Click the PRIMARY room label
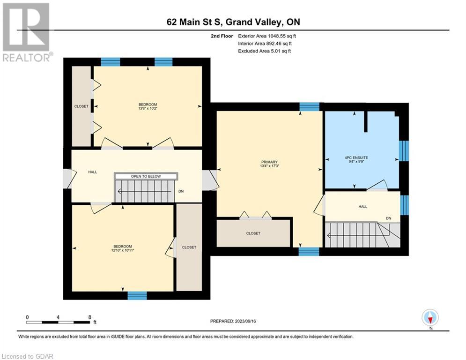click(x=269, y=162)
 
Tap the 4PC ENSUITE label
click(x=356, y=157)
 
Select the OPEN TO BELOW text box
click(x=146, y=176)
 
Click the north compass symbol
click(x=430, y=317)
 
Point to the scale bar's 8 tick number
click(x=90, y=317)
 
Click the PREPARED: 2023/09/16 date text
click(x=233, y=321)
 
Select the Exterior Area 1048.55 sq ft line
click(x=267, y=36)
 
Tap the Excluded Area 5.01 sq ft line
click(x=265, y=51)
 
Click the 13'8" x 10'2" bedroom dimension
click(x=148, y=108)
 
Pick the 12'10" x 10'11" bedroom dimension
click(x=122, y=250)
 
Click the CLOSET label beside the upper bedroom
click(x=81, y=106)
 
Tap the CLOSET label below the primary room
click(x=253, y=233)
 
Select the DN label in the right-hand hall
click(x=388, y=218)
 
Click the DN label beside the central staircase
click(x=181, y=191)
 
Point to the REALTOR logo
click(x=27, y=32)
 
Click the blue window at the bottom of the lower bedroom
click(x=137, y=295)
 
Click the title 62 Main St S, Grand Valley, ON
click(x=233, y=22)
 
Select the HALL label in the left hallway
click(x=92, y=172)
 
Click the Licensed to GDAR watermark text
click(x=28, y=356)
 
